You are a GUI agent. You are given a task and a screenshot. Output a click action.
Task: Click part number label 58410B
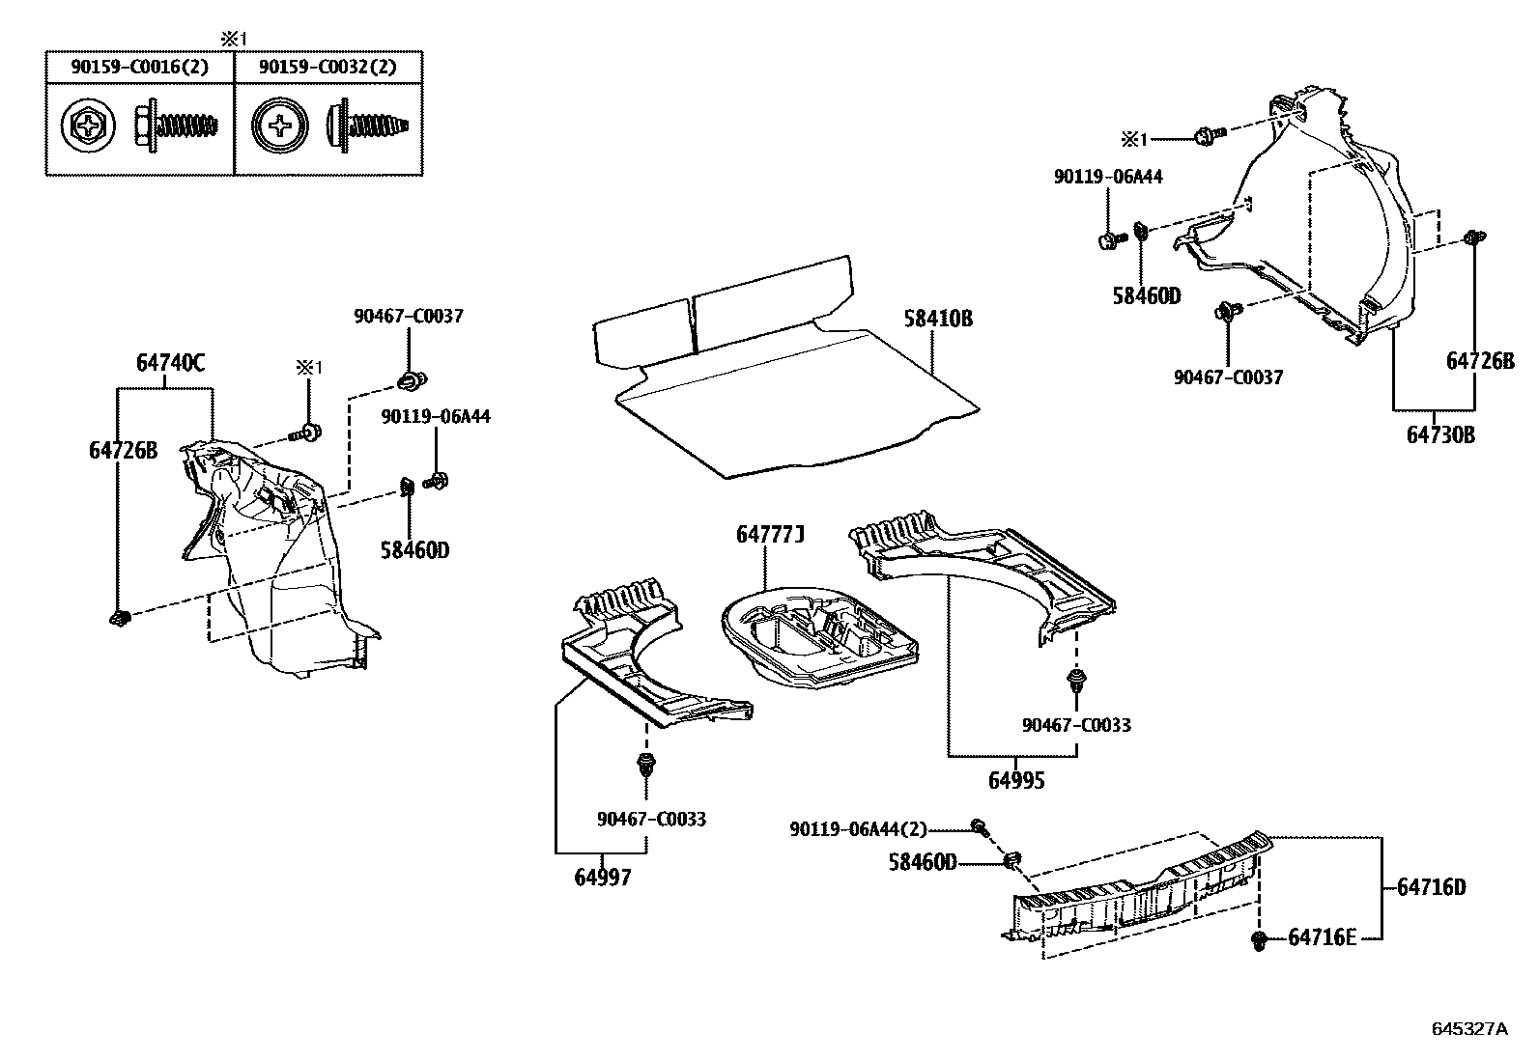938,319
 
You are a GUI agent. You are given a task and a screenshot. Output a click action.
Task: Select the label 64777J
770,534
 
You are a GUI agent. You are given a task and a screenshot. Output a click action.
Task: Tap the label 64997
602,878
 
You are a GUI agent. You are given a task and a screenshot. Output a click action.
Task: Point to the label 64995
1015,780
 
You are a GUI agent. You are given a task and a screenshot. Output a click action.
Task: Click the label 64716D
1431,886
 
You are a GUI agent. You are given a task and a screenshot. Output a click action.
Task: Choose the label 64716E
1322,937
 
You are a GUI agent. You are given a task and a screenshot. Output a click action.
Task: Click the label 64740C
170,363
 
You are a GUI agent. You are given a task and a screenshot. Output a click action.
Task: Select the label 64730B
1439,434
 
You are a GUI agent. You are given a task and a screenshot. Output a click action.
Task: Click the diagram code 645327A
1468,1029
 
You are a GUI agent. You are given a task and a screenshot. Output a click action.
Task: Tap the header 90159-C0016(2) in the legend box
139,68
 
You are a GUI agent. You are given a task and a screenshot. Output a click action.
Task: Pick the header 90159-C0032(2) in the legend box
328,68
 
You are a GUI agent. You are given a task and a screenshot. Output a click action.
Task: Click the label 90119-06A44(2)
858,828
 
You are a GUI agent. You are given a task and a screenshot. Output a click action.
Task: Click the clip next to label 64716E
1258,939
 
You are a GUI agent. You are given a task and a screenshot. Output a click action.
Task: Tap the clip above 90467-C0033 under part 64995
1074,683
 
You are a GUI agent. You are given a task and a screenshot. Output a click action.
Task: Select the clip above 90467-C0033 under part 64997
644,766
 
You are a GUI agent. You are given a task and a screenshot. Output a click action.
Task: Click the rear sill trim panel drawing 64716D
1140,893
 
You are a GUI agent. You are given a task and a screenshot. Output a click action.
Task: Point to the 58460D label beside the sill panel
923,861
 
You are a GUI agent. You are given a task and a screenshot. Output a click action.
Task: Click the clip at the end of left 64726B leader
120,617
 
